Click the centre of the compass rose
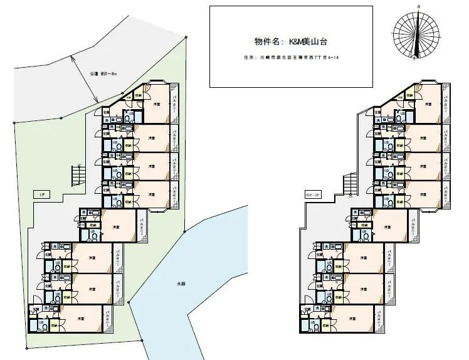[x=415, y=33]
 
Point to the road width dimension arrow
[x=85, y=78]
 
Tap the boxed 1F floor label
[x=41, y=194]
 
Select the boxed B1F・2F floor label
[x=311, y=194]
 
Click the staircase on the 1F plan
[x=78, y=174]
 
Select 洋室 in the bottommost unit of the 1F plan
[x=81, y=319]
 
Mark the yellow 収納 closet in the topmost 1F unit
[x=138, y=95]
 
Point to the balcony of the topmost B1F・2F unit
[x=445, y=102]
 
